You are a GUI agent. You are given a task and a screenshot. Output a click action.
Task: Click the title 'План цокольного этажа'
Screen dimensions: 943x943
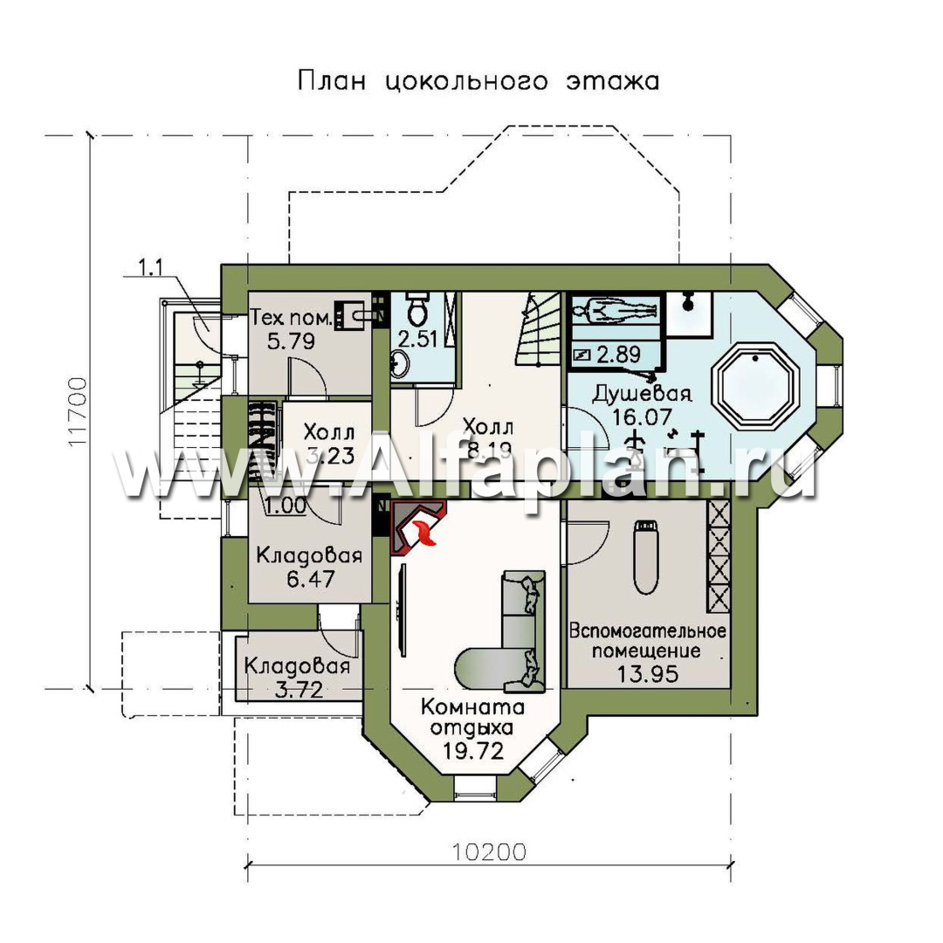(478, 83)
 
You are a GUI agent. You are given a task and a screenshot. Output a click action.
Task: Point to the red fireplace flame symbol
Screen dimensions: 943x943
(423, 531)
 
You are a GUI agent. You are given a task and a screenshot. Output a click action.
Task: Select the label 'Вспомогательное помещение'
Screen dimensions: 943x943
(648, 640)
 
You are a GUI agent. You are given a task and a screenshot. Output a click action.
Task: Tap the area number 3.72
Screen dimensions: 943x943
(298, 690)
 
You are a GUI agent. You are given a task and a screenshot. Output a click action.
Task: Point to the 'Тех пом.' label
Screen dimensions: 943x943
(291, 317)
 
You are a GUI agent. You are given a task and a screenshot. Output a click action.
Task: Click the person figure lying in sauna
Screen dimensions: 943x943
(616, 309)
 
